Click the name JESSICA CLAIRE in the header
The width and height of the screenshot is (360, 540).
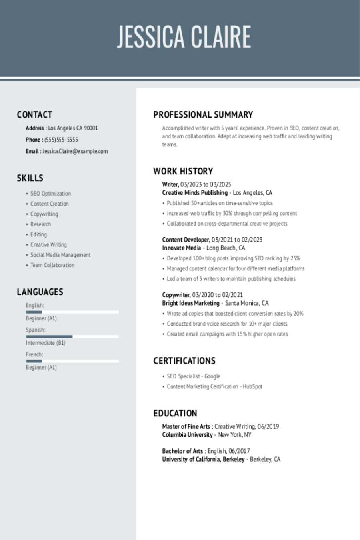pyautogui.click(x=184, y=37)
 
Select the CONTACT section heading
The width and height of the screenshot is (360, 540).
pyautogui.click(x=34, y=115)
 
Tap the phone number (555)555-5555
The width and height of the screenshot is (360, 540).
pyautogui.click(x=61, y=140)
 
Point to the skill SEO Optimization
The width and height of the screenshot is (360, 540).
pyautogui.click(x=50, y=194)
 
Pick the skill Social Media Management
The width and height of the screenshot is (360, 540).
pyautogui.click(x=60, y=255)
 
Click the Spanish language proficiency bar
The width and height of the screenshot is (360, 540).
pyautogui.click(x=72, y=336)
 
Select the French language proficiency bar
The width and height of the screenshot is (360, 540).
pyautogui.click(x=72, y=361)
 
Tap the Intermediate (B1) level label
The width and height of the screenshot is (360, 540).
pyautogui.click(x=46, y=343)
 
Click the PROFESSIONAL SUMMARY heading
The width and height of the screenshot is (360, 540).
pyautogui.click(x=203, y=115)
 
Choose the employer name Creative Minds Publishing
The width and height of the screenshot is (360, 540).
pyautogui.click(x=195, y=193)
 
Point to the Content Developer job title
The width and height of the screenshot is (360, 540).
pyautogui.click(x=186, y=240)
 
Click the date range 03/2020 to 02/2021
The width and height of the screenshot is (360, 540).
pyautogui.click(x=218, y=295)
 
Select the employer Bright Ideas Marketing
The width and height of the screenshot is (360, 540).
pyautogui.click(x=191, y=303)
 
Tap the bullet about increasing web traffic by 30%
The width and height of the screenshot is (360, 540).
pyautogui.click(x=232, y=214)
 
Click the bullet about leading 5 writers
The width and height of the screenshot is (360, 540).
pyautogui.click(x=231, y=279)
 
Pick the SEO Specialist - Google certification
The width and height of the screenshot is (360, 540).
pyautogui.click(x=193, y=376)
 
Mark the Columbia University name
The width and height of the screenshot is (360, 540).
pyautogui.click(x=187, y=435)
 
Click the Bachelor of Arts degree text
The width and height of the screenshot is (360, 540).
pyautogui.click(x=182, y=451)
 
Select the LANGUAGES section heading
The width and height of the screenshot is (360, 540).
pyautogui.click(x=40, y=292)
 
